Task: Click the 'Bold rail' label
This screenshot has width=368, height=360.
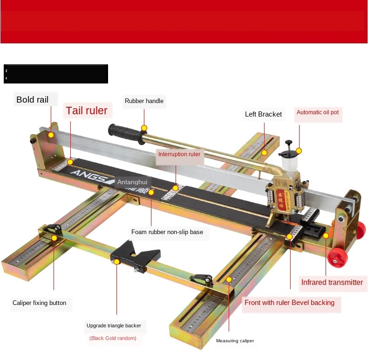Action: coord(33,99)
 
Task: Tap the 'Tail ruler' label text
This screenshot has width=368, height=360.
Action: coord(86,111)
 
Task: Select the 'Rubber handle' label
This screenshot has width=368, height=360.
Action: coord(144,101)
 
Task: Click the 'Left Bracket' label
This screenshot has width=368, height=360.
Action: coord(263,114)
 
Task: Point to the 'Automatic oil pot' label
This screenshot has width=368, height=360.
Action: coord(318,112)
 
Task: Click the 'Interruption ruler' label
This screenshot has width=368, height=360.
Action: coord(179,154)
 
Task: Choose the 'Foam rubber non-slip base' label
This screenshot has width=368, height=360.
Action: coord(167,232)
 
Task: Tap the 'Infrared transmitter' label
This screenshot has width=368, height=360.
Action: coord(332,282)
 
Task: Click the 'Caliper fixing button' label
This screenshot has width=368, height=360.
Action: coord(39,303)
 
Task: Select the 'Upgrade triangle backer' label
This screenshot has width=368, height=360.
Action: coord(113,325)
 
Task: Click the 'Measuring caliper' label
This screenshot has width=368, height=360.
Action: coord(235,341)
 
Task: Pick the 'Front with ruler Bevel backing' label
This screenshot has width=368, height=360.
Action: coord(289,303)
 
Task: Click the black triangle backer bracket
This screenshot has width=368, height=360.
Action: coord(135,256)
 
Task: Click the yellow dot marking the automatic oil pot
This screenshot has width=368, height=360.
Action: coord(299,151)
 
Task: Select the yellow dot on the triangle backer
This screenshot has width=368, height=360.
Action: coord(117,262)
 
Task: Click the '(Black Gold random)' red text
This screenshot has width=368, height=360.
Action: coord(113,338)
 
